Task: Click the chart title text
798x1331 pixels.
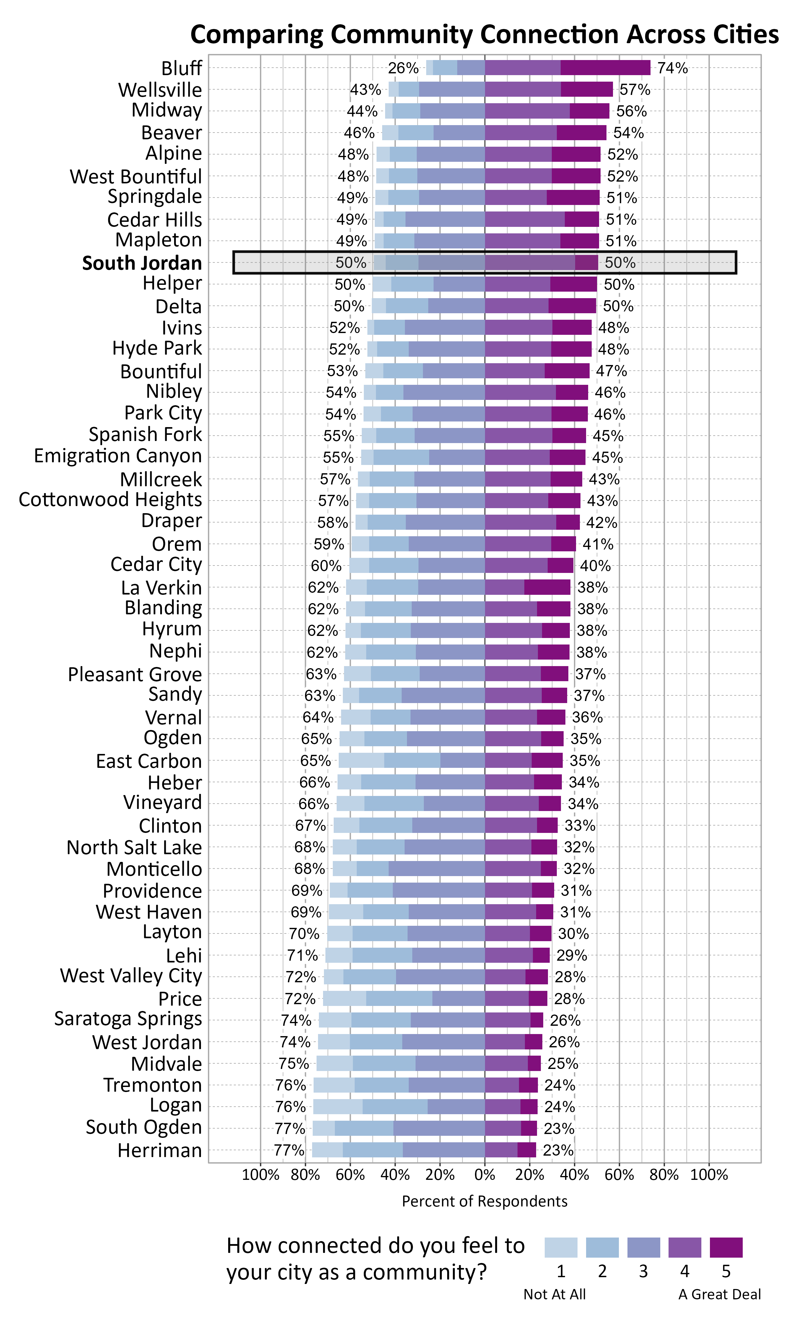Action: click(484, 34)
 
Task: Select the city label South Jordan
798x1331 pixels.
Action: click(142, 263)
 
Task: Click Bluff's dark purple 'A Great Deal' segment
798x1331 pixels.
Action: click(605, 68)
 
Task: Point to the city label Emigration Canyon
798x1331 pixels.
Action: click(118, 456)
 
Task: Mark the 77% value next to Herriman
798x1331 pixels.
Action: click(289, 1150)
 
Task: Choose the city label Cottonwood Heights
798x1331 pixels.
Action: click(110, 500)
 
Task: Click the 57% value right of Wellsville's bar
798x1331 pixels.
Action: click(635, 90)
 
